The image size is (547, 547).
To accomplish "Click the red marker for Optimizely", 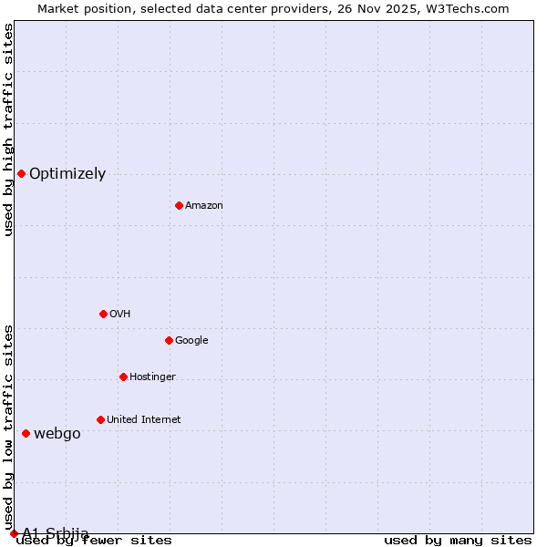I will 21,173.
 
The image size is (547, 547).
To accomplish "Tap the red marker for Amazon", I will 179,205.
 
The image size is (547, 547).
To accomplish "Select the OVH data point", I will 103,314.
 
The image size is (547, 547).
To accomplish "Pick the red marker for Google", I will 169,340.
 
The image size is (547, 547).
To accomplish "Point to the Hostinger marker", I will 123,377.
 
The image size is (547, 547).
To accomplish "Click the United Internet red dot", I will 100,419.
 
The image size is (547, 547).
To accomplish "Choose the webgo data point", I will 26,433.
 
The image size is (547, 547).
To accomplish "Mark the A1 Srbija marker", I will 14,533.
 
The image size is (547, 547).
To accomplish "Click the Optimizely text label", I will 67,174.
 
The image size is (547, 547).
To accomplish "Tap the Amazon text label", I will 204,206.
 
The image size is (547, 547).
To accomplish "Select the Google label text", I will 191,341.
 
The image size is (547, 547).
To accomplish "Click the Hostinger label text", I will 152,377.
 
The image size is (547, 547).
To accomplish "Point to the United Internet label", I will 143,420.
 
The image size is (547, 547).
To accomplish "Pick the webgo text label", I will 57,434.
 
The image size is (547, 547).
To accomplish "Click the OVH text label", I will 119,315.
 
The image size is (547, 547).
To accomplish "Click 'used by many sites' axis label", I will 458,541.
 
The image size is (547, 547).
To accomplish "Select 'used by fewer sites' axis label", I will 95,541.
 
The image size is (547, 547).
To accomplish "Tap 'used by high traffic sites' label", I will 8,130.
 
